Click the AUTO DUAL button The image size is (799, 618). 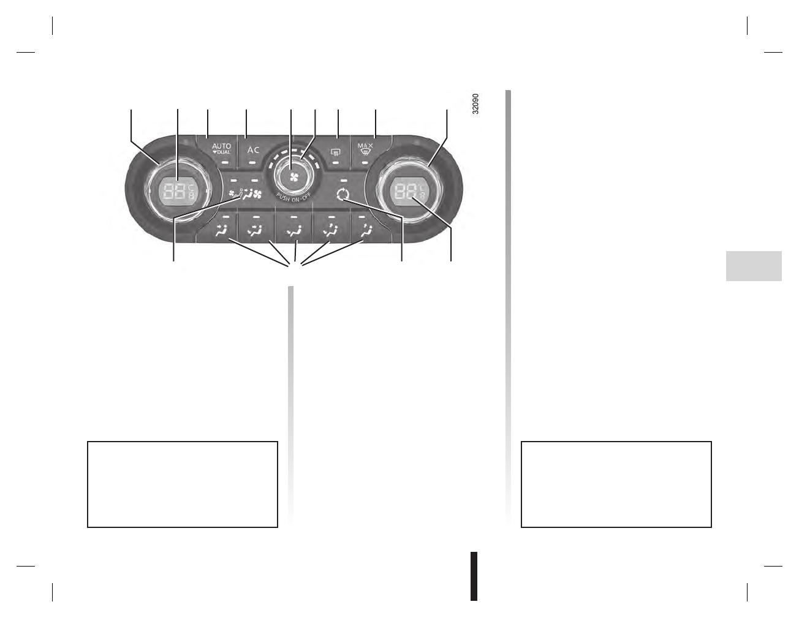tap(221, 151)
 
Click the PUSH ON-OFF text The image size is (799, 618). tap(293, 198)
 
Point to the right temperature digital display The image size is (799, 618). tap(409, 190)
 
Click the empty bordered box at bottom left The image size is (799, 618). tap(183, 484)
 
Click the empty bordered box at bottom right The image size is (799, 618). tap(616, 484)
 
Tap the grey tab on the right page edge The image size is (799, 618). tap(754, 266)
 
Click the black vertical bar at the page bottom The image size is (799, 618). tap(474, 576)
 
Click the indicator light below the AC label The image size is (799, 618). tap(253, 163)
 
